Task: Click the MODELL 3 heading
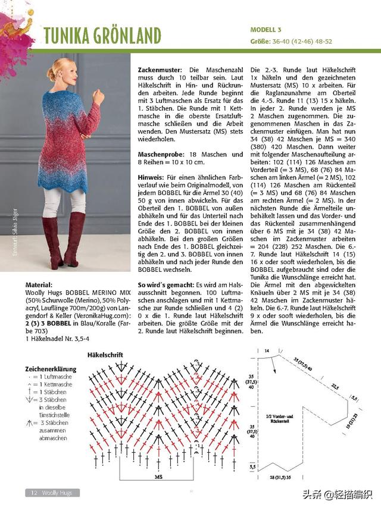266,29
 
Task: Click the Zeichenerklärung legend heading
51,369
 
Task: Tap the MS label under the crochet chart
159,476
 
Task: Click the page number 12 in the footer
34,493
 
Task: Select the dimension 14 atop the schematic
267,352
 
